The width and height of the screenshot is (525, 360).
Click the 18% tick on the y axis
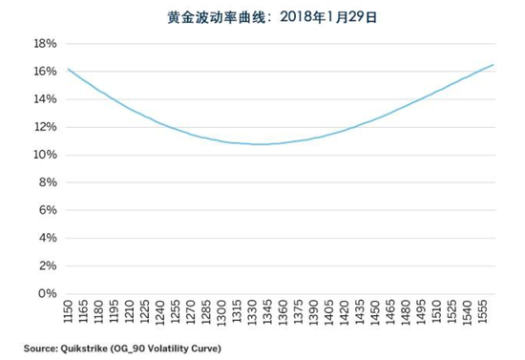click(45, 44)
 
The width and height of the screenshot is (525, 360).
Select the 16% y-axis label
click(45, 72)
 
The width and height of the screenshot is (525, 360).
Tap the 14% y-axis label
click(45, 99)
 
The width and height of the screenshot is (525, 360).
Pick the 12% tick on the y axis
click(45, 127)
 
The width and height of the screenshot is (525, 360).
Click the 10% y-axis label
click(45, 155)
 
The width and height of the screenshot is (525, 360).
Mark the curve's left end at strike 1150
click(68, 69)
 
